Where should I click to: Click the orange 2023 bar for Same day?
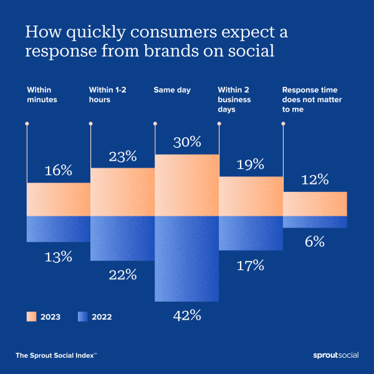[186, 185]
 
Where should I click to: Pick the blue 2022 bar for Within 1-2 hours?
[122, 238]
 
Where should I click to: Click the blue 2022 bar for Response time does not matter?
[315, 222]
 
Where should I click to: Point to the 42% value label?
[186, 315]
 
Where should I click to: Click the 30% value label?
[186, 142]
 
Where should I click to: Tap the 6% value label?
[315, 242]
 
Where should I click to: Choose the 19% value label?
[251, 165]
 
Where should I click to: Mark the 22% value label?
[122, 275]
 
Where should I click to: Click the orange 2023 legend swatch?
[31, 317]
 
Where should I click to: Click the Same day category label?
[172, 90]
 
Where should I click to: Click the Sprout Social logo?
[335, 355]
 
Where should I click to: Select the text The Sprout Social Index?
[55, 355]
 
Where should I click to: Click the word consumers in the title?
[150, 32]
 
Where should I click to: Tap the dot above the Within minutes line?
[26, 123]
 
